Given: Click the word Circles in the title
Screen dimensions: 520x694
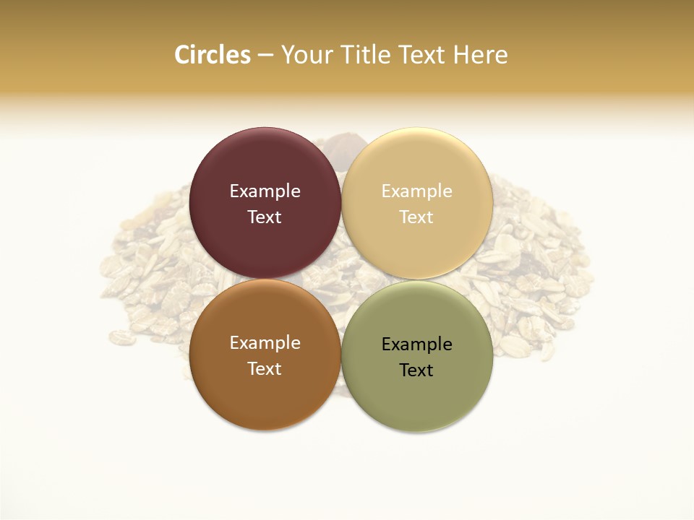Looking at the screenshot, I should tap(212, 55).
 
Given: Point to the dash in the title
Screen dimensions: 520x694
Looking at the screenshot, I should tap(265, 55).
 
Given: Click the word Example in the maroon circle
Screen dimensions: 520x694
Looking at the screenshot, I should tap(265, 191).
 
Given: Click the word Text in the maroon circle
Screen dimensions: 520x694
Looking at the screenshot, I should tap(265, 217).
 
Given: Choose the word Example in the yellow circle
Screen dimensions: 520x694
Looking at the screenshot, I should tap(417, 191).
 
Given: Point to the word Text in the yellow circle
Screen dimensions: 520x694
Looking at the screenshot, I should tap(417, 217).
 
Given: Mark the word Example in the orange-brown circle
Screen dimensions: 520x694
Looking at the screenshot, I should tap(265, 342).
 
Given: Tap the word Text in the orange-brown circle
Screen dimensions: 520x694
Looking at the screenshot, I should tap(265, 368).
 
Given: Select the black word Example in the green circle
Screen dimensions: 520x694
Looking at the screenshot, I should tap(417, 344).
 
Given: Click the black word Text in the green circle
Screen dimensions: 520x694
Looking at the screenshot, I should tap(417, 370).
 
